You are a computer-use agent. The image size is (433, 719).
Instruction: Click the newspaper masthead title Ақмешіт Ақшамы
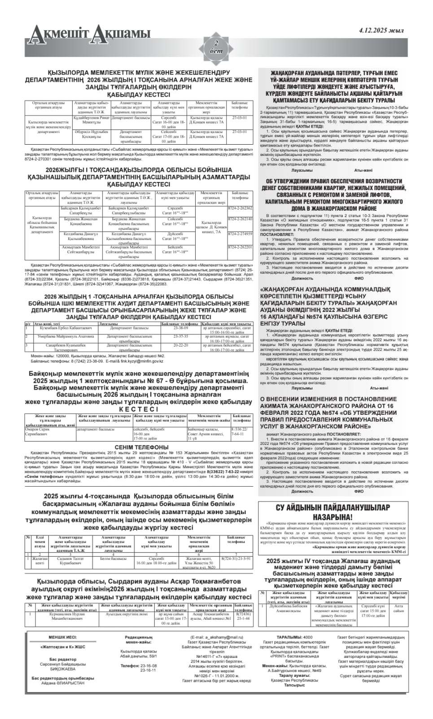tap(87, 33)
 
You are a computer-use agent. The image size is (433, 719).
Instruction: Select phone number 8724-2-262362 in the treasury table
tap(240, 208)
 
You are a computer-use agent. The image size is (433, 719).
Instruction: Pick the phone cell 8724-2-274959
tap(240, 234)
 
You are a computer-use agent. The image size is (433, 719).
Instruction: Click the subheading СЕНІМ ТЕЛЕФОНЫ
tap(141, 447)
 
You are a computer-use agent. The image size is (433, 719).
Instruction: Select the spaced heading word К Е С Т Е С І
tap(138, 409)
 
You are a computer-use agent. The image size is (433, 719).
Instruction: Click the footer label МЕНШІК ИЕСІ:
tap(62, 637)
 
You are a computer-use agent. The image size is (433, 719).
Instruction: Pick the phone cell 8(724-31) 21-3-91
tap(236, 558)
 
